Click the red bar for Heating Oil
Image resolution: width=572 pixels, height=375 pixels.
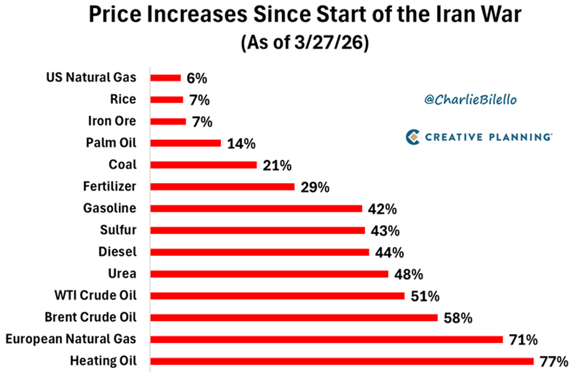[x=342, y=361]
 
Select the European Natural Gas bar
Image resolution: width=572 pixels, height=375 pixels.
[x=327, y=339]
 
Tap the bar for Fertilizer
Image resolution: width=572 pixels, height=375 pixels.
[x=222, y=187]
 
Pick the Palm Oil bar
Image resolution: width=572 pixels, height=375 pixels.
[x=185, y=143]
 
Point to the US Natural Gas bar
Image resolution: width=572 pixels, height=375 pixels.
[x=165, y=78]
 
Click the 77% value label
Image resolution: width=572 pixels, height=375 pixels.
[x=554, y=361]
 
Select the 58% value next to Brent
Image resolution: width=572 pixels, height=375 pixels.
[x=458, y=318]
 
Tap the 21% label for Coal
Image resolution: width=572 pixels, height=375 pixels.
[x=276, y=165]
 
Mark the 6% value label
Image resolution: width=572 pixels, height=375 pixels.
[x=197, y=78]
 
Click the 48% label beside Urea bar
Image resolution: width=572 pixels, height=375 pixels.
[x=409, y=274]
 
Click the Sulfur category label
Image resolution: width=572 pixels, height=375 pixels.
[x=118, y=230]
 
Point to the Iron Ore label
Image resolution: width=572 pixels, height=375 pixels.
[x=112, y=121]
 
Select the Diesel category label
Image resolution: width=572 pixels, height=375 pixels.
[x=117, y=252]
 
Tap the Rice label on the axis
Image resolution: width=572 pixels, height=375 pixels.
[x=123, y=99]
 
